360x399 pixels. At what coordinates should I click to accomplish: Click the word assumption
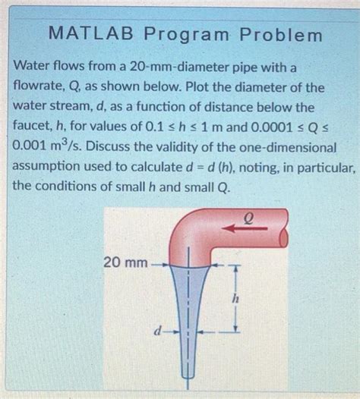[x=50, y=165]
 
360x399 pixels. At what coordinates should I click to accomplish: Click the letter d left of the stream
[x=156, y=331]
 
